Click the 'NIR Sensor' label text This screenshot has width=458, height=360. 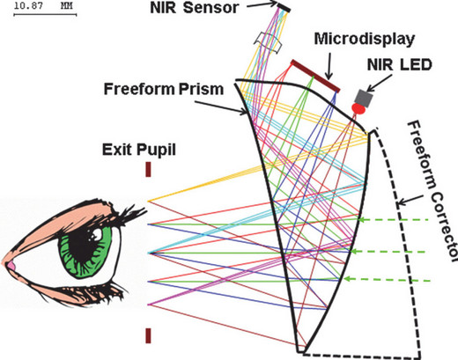[194, 8]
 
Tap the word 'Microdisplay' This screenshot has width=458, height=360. [365, 39]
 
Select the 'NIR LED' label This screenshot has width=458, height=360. [400, 65]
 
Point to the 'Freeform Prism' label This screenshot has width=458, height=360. [164, 89]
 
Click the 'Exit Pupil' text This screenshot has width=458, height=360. [139, 150]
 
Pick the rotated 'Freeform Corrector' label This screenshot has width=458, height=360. [430, 191]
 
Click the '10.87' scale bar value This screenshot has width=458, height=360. [28, 6]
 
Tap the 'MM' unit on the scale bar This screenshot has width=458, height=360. [66, 6]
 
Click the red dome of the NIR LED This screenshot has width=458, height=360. [358, 108]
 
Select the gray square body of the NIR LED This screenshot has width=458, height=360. [364, 98]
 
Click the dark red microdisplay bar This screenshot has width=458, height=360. [315, 76]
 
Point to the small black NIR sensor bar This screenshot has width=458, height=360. [284, 7]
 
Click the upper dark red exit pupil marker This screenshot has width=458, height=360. [148, 170]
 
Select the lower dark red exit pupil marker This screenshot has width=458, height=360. [148, 335]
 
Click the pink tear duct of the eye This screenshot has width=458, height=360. [11, 266]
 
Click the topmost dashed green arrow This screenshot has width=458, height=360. [395, 219]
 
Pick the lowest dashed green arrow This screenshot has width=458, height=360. [388, 280]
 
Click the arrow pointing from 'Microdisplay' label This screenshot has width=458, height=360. [329, 66]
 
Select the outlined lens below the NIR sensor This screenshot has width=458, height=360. [269, 43]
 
